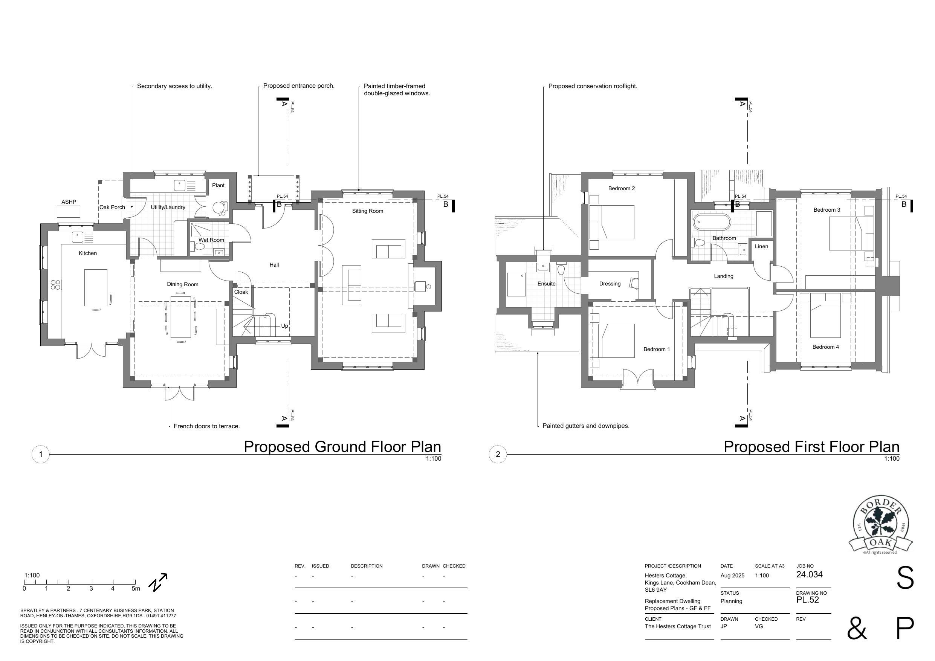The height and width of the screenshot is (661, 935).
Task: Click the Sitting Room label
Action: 367,211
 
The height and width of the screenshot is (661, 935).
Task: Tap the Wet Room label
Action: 211,240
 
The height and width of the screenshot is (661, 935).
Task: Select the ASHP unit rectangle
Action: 69,212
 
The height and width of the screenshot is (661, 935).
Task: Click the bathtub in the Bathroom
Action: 712,223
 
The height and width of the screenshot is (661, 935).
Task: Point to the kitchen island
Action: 96,287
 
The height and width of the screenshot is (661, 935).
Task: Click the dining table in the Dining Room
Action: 181,317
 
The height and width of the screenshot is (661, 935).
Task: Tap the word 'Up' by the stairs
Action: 284,326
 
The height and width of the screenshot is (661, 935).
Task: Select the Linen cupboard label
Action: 761,246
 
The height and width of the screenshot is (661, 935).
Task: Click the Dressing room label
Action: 610,284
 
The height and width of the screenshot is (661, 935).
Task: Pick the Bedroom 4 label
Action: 825,347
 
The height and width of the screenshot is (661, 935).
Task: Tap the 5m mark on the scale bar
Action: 136,589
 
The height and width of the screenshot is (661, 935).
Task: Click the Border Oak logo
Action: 880,527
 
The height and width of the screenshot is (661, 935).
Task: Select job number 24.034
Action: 809,575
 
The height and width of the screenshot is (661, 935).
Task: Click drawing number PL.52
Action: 808,600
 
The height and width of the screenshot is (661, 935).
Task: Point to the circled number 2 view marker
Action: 498,454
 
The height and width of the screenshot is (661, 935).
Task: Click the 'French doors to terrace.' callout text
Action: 206,426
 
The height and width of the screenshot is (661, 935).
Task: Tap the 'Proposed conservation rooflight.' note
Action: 593,86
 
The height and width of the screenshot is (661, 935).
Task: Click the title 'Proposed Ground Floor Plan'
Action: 342,447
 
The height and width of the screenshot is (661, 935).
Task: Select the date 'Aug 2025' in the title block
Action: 732,576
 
